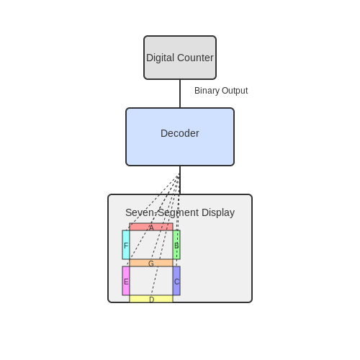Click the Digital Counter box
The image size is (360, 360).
tap(180, 58)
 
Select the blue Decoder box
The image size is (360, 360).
tap(180, 137)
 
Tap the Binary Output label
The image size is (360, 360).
tap(221, 91)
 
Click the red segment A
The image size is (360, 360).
tap(151, 227)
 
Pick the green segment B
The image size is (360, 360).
tap(176, 245)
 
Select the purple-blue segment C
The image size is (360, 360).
tap(176, 281)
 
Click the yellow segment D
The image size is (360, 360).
tap(151, 299)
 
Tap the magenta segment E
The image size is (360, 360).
tap(126, 281)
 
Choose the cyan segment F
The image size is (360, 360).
tap(126, 245)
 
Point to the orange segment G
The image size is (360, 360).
tap(151, 263)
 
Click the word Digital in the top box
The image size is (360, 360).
tap(161, 58)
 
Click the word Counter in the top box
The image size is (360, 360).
tap(195, 58)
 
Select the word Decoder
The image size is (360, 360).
tap(180, 133)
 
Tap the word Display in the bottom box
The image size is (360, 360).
tap(218, 213)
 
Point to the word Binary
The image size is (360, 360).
tap(207, 91)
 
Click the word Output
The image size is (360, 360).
tap(235, 91)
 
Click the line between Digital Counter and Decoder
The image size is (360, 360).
tap(180, 94)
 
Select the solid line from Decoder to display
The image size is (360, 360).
tap(180, 180)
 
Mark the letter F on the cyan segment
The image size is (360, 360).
tap(126, 246)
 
